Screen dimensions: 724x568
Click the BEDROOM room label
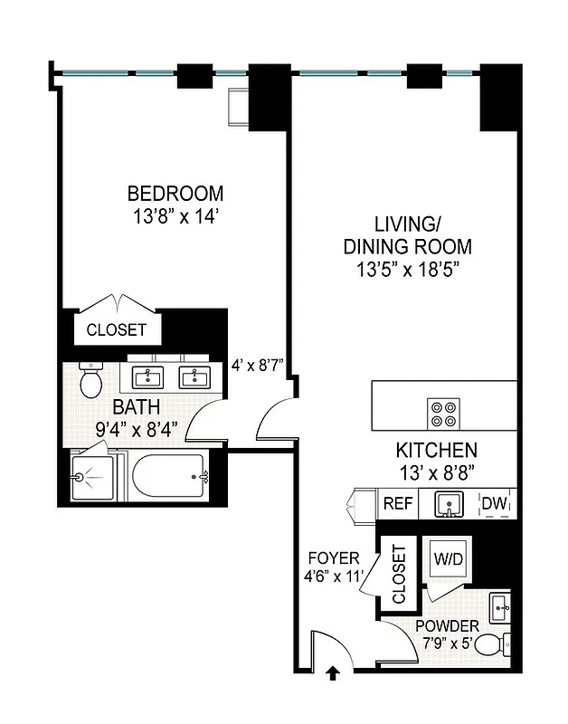tap(175, 193)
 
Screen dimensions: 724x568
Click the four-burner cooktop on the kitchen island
tap(444, 413)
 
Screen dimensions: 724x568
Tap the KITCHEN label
tap(436, 450)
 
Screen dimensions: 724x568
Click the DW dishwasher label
tap(493, 503)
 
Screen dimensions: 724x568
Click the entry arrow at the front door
tap(333, 672)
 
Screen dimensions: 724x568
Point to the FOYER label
tap(333, 557)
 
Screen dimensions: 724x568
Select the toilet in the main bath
tap(90, 381)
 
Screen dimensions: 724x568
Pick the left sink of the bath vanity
tap(147, 376)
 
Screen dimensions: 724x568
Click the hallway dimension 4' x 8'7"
tap(258, 366)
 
